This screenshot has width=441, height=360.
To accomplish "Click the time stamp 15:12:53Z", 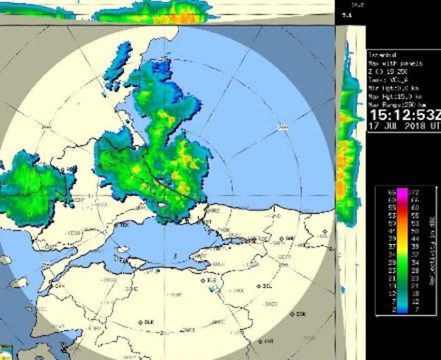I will point(402,114).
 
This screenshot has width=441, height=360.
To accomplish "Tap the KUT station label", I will point(269,341).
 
